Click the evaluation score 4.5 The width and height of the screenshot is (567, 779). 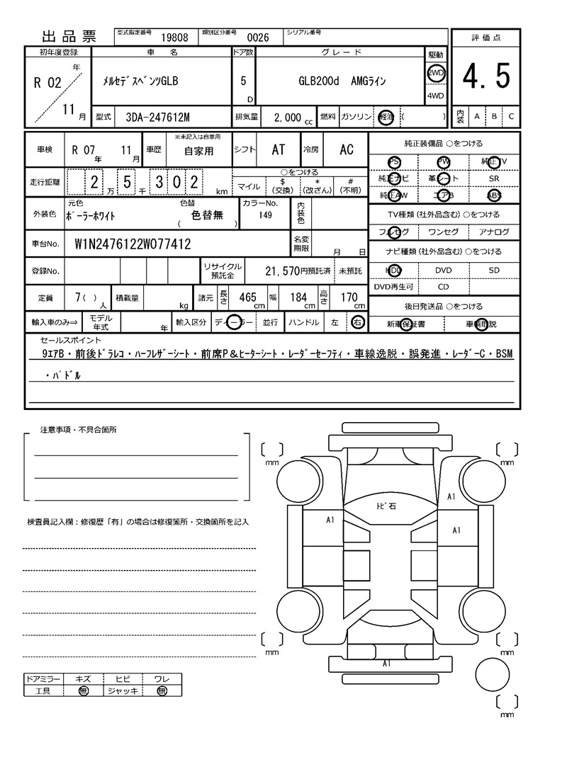(486, 76)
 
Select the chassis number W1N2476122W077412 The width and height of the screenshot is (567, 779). (133, 244)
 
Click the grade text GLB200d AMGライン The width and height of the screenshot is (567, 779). (342, 81)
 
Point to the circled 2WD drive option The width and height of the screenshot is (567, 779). (435, 73)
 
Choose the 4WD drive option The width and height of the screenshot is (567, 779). (435, 96)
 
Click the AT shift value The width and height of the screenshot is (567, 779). (278, 150)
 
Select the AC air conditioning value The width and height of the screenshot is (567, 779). (346, 150)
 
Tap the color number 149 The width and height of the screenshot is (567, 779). (266, 215)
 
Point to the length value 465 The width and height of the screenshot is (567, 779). (247, 297)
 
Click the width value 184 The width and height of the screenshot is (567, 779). (298, 297)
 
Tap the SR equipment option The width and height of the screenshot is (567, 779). (494, 178)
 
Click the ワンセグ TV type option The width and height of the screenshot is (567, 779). (443, 232)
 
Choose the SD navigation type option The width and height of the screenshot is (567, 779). (494, 270)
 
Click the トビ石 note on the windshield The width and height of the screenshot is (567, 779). (386, 506)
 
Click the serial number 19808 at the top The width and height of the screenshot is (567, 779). (174, 38)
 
